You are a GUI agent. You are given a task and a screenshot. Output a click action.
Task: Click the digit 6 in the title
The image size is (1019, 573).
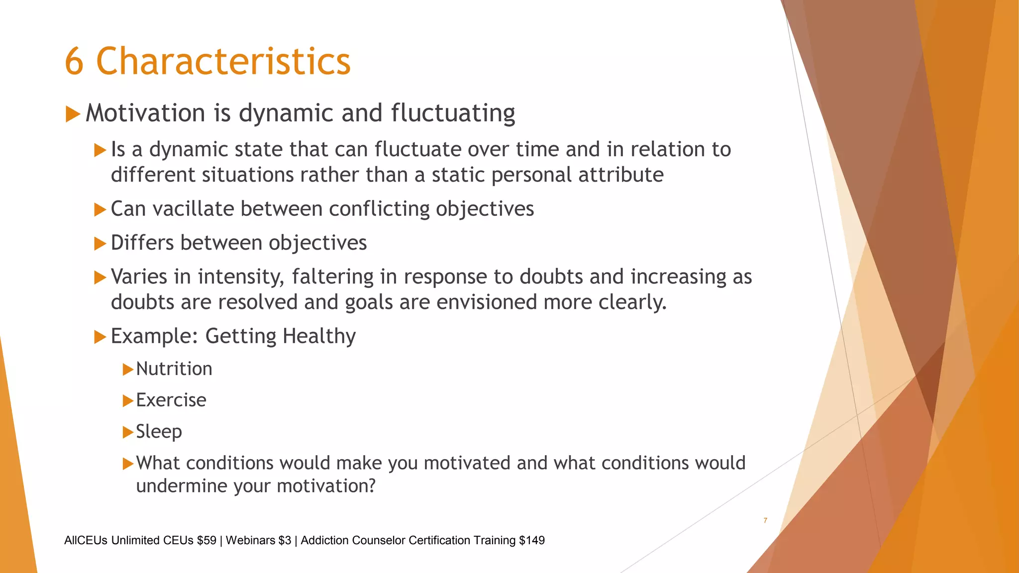coord(74,62)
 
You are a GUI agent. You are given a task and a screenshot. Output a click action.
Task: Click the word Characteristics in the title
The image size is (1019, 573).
coord(223,62)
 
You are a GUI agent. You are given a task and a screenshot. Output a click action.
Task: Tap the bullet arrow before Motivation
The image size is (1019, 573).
coord(73,114)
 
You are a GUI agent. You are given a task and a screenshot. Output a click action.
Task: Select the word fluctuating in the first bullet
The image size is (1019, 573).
coord(453,113)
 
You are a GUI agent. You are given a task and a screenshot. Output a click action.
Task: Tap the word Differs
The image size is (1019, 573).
coord(142,243)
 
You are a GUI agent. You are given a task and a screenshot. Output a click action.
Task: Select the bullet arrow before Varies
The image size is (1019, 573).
coord(100,277)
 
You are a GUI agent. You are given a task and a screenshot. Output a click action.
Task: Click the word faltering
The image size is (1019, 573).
coord(332,277)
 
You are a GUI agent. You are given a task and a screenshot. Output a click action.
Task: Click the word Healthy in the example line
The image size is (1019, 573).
coord(319,336)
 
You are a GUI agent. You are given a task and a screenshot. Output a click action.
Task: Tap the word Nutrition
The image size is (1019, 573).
coord(174,369)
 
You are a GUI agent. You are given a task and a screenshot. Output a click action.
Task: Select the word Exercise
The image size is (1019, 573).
coord(171,400)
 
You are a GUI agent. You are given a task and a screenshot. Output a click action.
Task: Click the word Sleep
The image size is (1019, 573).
coord(159,432)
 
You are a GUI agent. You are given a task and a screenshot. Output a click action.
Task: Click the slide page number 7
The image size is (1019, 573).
coord(765,520)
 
